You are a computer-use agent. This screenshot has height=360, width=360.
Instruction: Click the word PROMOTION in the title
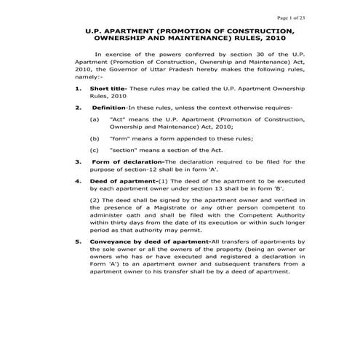coord(173,31)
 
